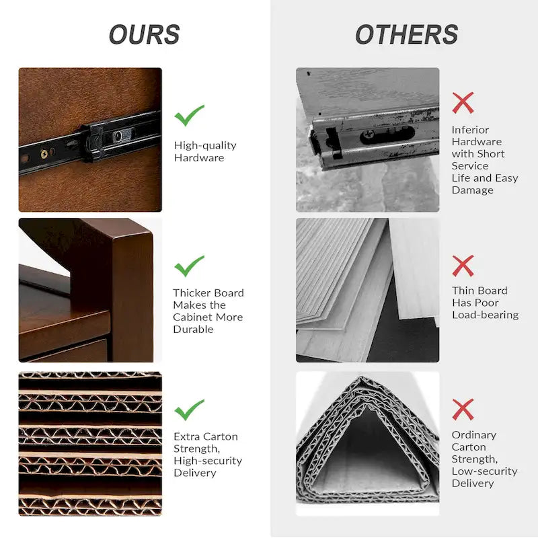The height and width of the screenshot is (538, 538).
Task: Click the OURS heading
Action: coord(145,35)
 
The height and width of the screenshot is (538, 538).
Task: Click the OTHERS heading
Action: coord(407,35)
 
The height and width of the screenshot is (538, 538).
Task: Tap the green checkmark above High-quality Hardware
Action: coord(189,116)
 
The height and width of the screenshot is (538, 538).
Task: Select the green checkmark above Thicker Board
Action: coord(189,266)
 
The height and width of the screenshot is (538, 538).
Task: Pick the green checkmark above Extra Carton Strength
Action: coord(189,410)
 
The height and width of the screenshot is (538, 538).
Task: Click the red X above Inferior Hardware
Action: coord(463,103)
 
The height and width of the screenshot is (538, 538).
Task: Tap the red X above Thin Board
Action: coord(463,266)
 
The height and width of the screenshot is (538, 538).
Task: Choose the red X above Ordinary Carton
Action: coord(463,410)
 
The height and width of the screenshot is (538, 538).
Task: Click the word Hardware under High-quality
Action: coord(199,158)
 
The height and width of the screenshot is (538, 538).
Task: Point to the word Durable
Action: coord(193,330)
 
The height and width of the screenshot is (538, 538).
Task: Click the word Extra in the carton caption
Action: coord(186,436)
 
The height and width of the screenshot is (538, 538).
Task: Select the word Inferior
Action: coord(470,130)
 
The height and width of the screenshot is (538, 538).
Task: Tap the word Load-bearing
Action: coord(485,315)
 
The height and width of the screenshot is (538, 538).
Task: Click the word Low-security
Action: coord(484,471)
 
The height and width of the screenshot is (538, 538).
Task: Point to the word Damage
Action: coord(473,190)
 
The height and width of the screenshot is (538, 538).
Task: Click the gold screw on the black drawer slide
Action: coord(44,153)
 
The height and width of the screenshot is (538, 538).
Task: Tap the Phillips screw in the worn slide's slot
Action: coord(369,134)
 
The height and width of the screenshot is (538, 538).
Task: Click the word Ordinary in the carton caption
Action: coord(474,435)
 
